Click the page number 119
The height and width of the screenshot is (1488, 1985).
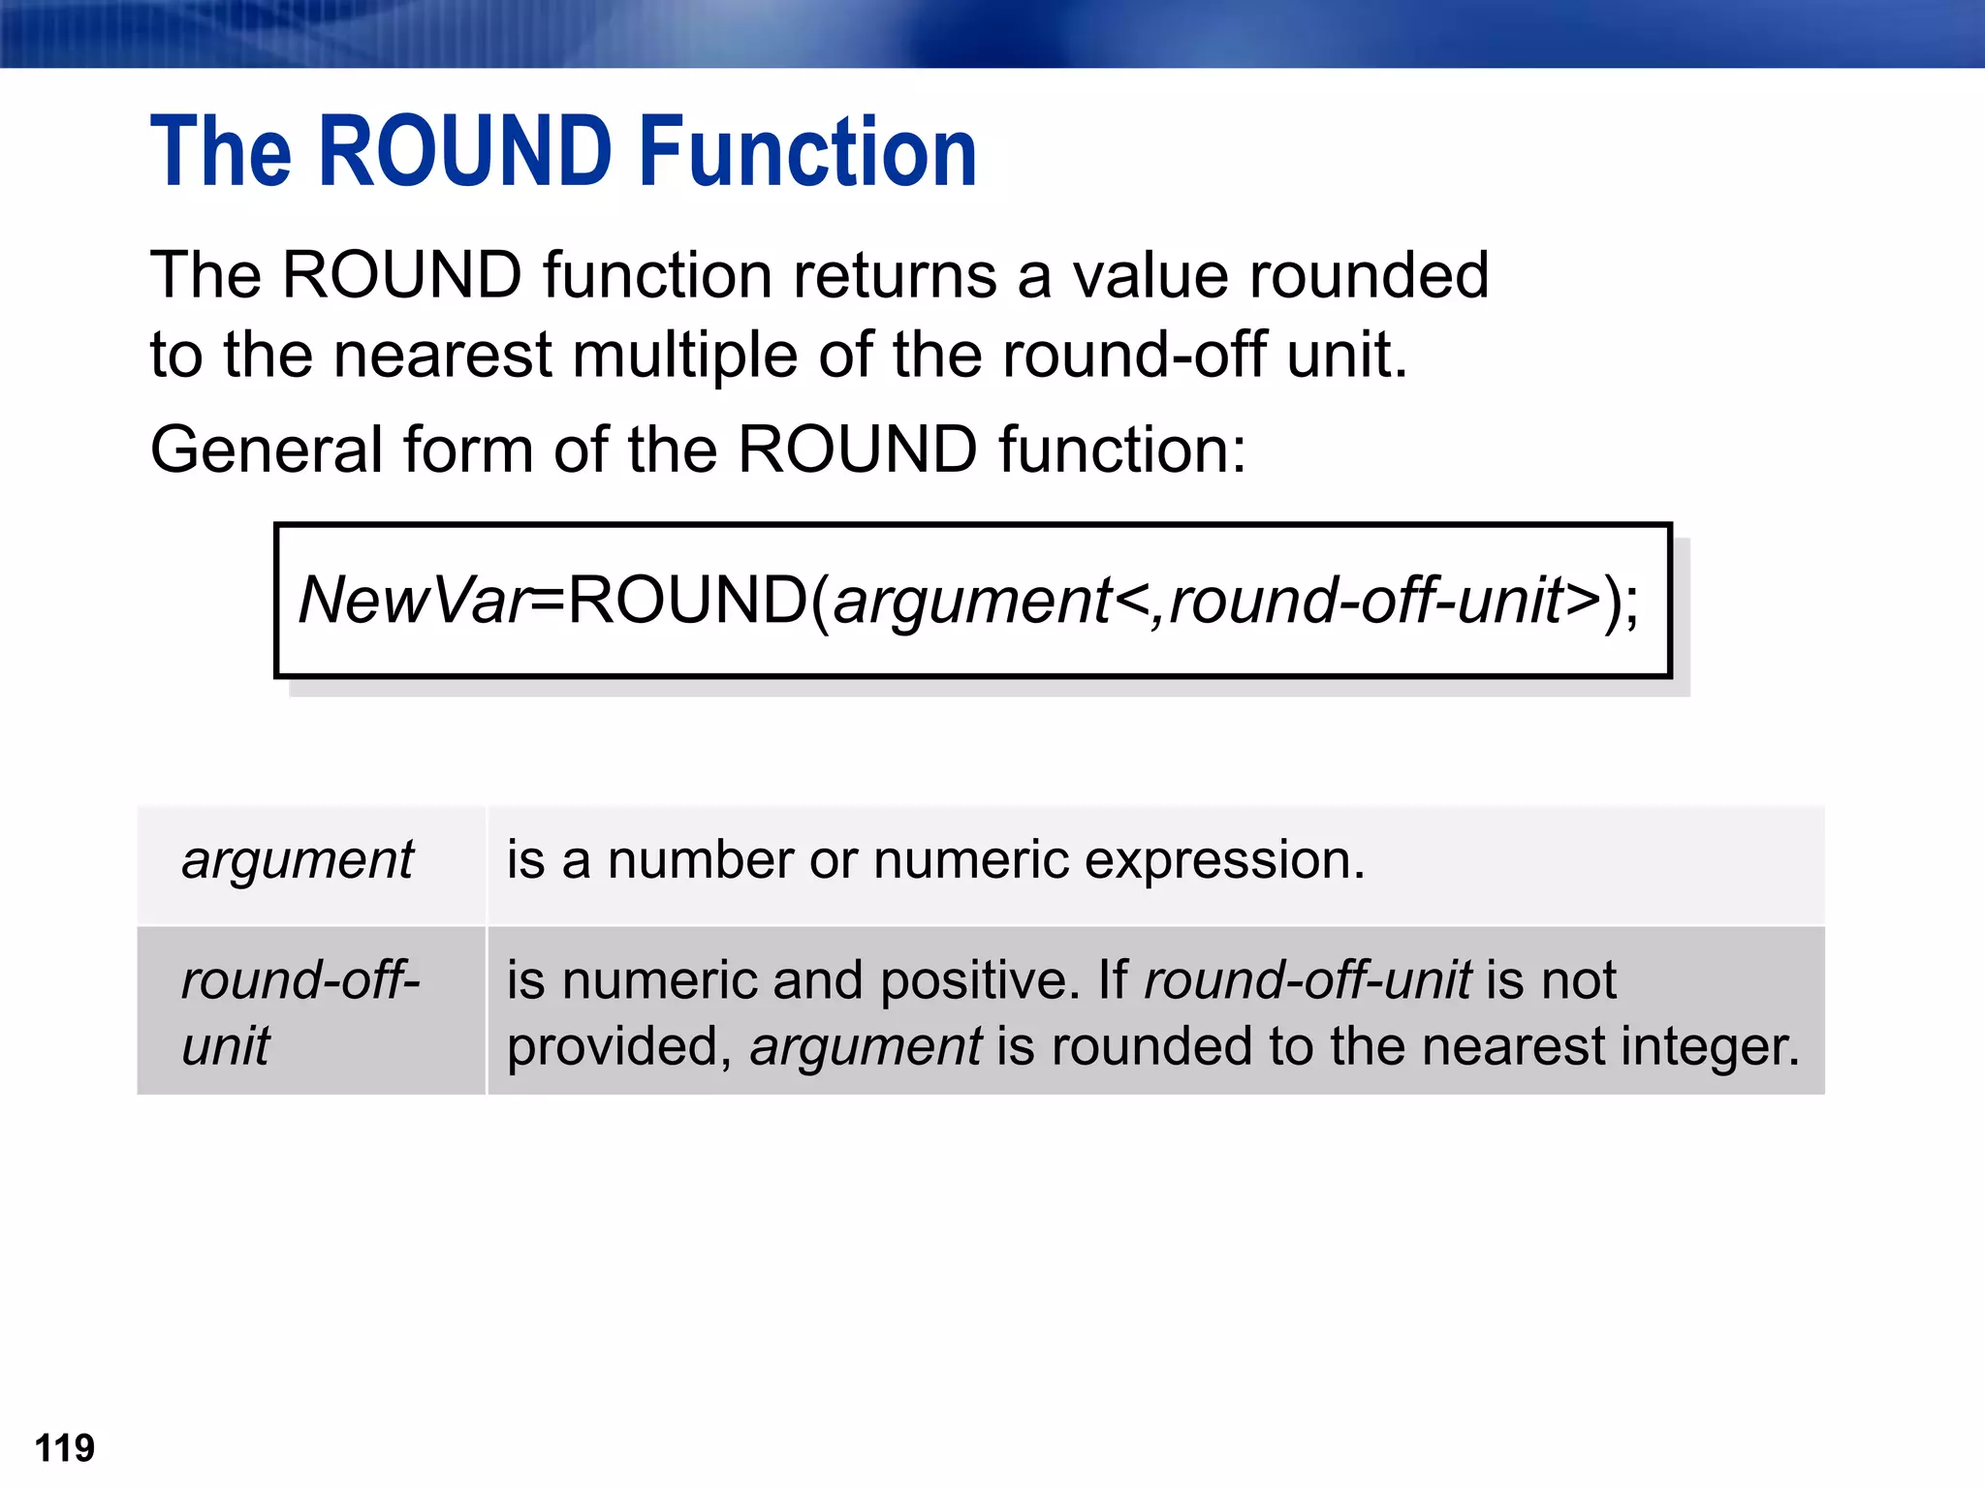click(x=64, y=1448)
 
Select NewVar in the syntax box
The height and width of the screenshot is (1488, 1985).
click(x=414, y=600)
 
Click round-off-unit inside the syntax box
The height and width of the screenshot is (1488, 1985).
click(x=1366, y=600)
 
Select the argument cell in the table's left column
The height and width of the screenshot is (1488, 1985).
click(x=298, y=860)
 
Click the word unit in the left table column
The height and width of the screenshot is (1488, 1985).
click(x=226, y=1046)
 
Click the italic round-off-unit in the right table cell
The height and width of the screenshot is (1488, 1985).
click(x=1308, y=980)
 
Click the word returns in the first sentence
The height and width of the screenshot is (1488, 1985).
click(x=895, y=275)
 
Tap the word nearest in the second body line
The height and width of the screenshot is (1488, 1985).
click(x=442, y=356)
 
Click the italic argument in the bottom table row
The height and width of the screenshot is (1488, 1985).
click(x=866, y=1047)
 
